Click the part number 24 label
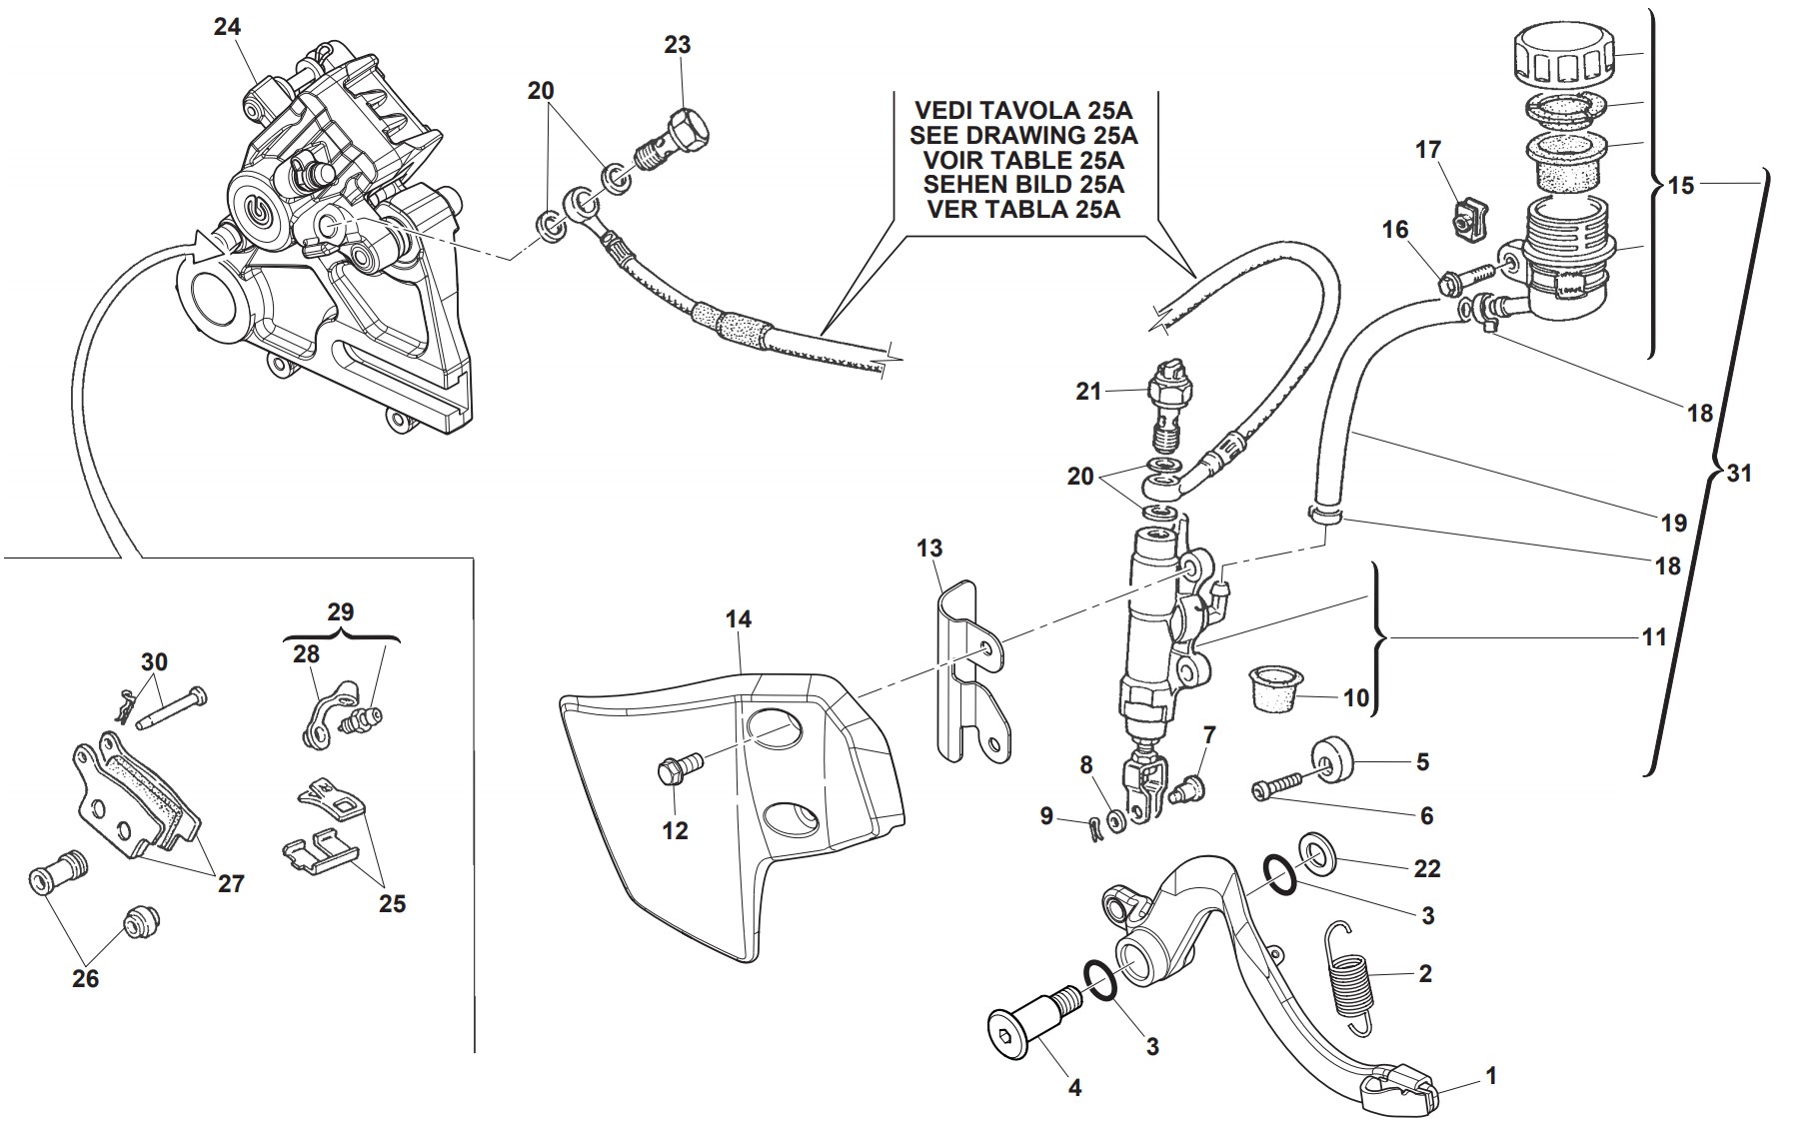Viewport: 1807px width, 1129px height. point(227,27)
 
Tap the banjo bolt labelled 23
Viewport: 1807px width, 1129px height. point(677,139)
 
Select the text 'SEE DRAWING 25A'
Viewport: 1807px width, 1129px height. point(1023,135)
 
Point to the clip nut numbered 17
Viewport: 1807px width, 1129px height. point(1466,219)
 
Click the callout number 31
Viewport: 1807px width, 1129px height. point(1740,474)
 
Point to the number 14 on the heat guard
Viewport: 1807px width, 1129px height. point(739,620)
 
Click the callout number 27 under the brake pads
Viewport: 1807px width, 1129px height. point(231,883)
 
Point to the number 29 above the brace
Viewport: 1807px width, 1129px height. point(341,611)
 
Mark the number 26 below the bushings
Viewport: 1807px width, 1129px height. point(86,977)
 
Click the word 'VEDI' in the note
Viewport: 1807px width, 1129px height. point(946,110)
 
